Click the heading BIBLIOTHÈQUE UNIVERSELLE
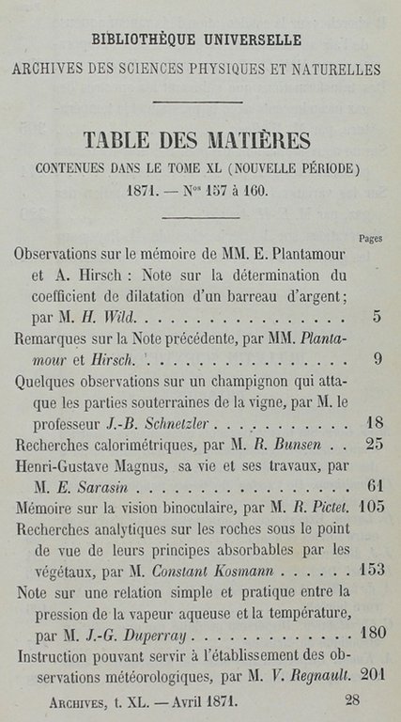[x=196, y=40]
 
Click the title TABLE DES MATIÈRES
[x=196, y=140]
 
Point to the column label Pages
[x=370, y=239]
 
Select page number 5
[x=376, y=317]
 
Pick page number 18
[x=372, y=422]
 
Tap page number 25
[x=372, y=444]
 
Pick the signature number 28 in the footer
[x=353, y=699]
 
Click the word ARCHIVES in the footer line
[x=77, y=700]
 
